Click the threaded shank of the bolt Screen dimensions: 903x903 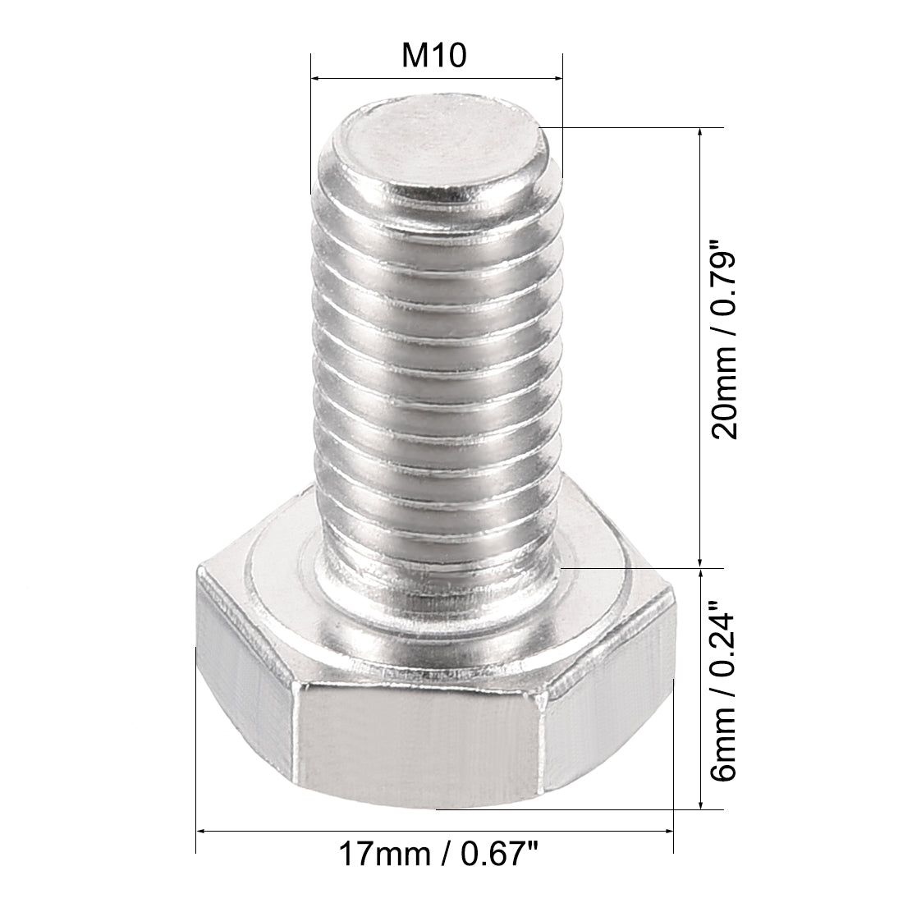pos(435,369)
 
